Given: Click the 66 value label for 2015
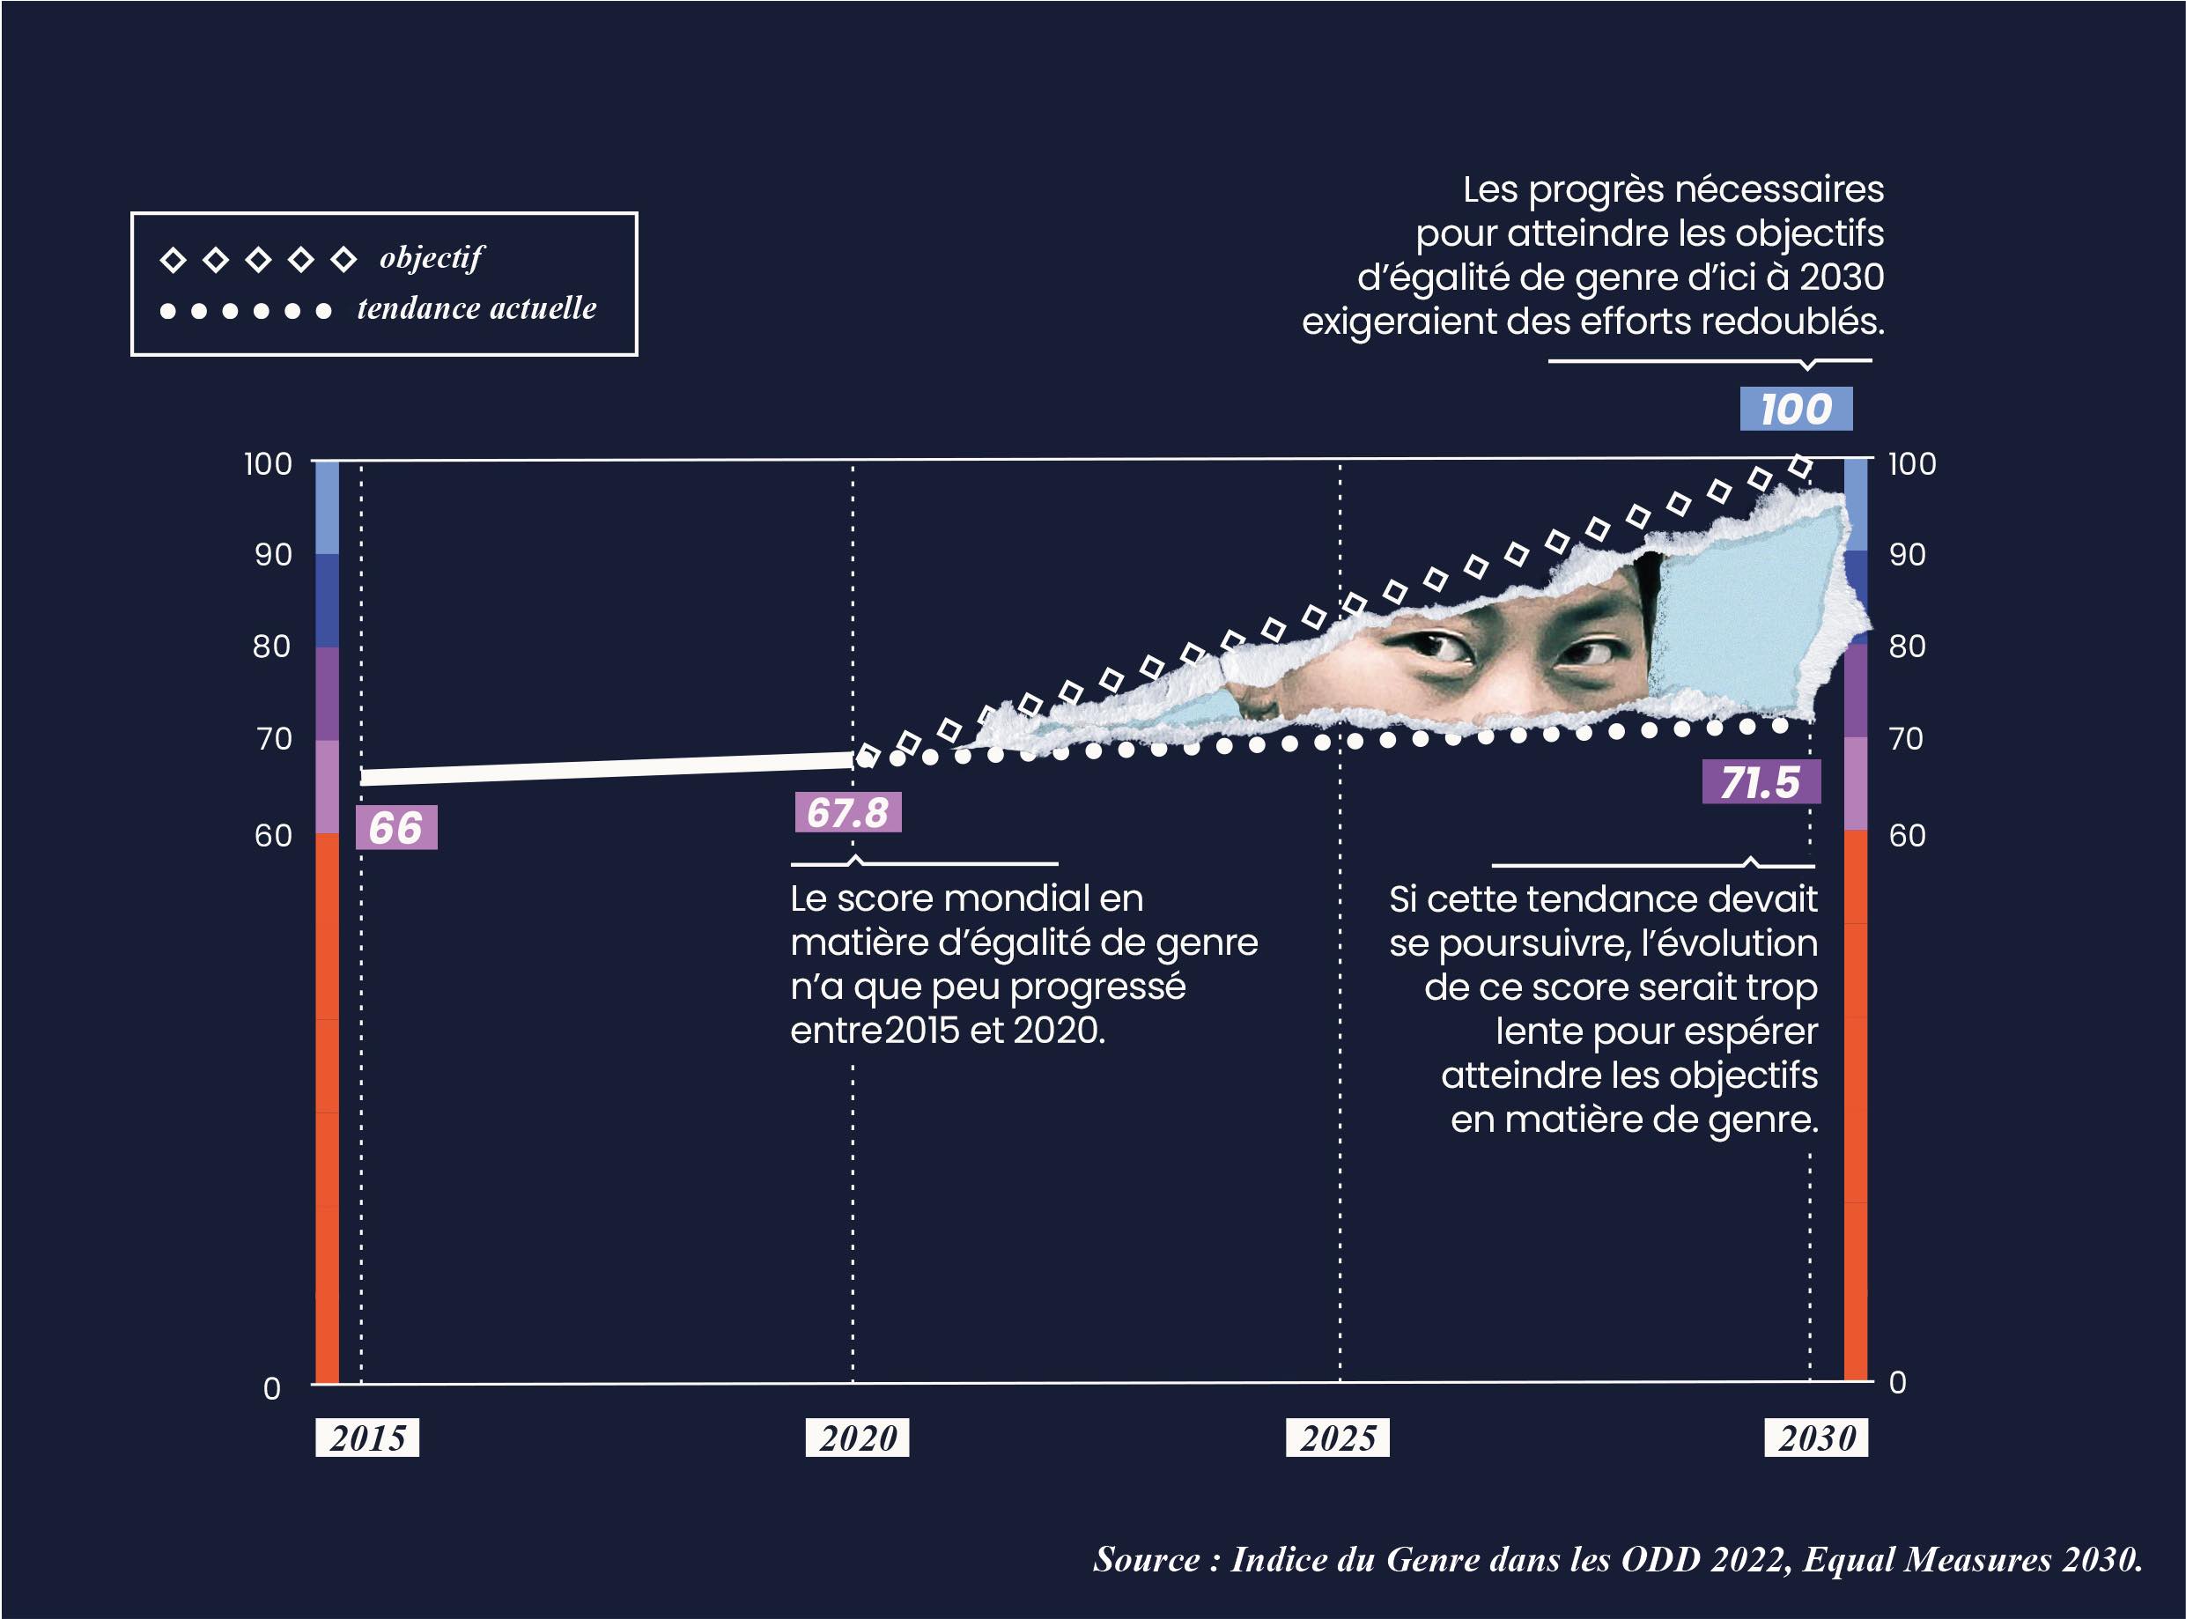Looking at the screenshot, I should coord(395,828).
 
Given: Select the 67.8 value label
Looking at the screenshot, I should coord(847,812).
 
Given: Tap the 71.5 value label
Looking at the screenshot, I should coord(1761,783).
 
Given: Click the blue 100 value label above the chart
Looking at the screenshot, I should coord(1795,409).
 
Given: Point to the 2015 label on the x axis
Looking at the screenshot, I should coord(367,1438).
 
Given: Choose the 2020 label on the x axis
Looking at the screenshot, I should coord(857,1438).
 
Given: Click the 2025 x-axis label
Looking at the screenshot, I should coord(1338,1438).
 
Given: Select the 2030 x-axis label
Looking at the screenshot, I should coord(1817,1438).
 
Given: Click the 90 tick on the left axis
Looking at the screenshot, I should coord(273,555).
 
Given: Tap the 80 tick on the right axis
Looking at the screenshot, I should coord(1907,647).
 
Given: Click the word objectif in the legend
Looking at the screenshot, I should coord(432,258).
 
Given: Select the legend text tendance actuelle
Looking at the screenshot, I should coord(477,308).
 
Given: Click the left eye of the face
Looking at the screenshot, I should coord(1441,647).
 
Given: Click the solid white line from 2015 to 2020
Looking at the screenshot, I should coord(608,768).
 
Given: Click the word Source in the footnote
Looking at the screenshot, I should coord(1147,1559).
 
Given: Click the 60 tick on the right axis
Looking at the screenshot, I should coord(1907,835).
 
